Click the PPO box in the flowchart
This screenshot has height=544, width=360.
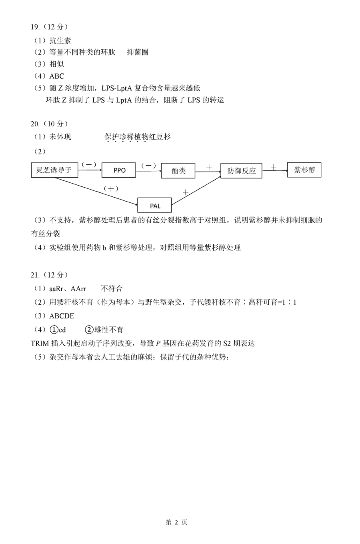click(118, 170)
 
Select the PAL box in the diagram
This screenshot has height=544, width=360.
click(154, 205)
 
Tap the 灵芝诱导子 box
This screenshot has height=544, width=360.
click(54, 170)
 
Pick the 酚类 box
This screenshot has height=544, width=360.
click(178, 170)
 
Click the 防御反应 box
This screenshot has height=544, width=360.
click(241, 171)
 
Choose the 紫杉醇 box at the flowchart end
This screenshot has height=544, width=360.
click(304, 170)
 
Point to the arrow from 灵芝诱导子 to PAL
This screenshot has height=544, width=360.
click(96, 191)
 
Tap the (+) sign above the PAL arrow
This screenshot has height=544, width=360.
click(111, 189)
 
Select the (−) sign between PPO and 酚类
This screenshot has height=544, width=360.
click(148, 166)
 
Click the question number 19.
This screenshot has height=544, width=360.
click(35, 27)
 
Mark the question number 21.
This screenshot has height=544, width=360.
click(35, 275)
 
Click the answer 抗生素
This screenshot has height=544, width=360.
click(60, 40)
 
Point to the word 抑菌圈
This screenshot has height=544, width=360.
click(138, 52)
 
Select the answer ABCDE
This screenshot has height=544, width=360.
click(62, 316)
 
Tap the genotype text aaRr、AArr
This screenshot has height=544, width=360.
click(68, 289)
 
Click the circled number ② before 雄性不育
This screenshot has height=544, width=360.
click(89, 330)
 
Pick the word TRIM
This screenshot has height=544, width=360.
click(40, 343)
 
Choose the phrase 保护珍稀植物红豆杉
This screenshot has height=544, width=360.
click(138, 137)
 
